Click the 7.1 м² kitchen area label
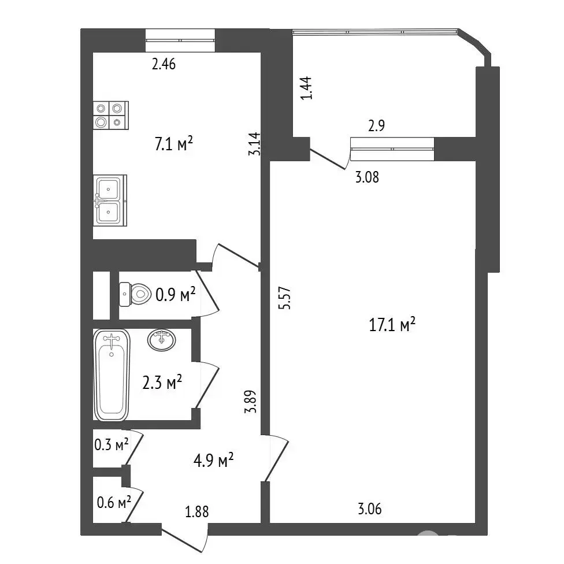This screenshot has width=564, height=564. (174, 144)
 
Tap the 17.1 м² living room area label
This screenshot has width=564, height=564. (392, 324)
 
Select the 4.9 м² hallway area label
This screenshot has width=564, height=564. (214, 460)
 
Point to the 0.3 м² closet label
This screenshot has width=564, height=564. (112, 445)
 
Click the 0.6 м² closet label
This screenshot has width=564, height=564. (114, 502)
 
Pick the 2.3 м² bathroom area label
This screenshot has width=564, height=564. (162, 382)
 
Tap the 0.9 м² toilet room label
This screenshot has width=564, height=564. (176, 295)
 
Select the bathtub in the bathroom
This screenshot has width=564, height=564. (112, 375)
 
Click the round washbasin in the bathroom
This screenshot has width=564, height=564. (161, 340)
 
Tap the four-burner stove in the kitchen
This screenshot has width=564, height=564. (111, 115)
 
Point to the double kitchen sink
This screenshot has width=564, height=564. (110, 201)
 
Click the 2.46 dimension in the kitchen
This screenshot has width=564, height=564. (164, 64)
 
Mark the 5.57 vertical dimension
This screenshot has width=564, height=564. (284, 298)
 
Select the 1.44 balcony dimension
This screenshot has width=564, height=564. (306, 88)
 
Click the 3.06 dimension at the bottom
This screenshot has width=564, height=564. (370, 509)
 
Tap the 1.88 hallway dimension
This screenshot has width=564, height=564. (196, 511)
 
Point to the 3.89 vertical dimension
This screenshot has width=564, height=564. (250, 402)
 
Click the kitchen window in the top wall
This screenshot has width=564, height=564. (180, 40)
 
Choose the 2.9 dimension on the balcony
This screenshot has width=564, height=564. (377, 125)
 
